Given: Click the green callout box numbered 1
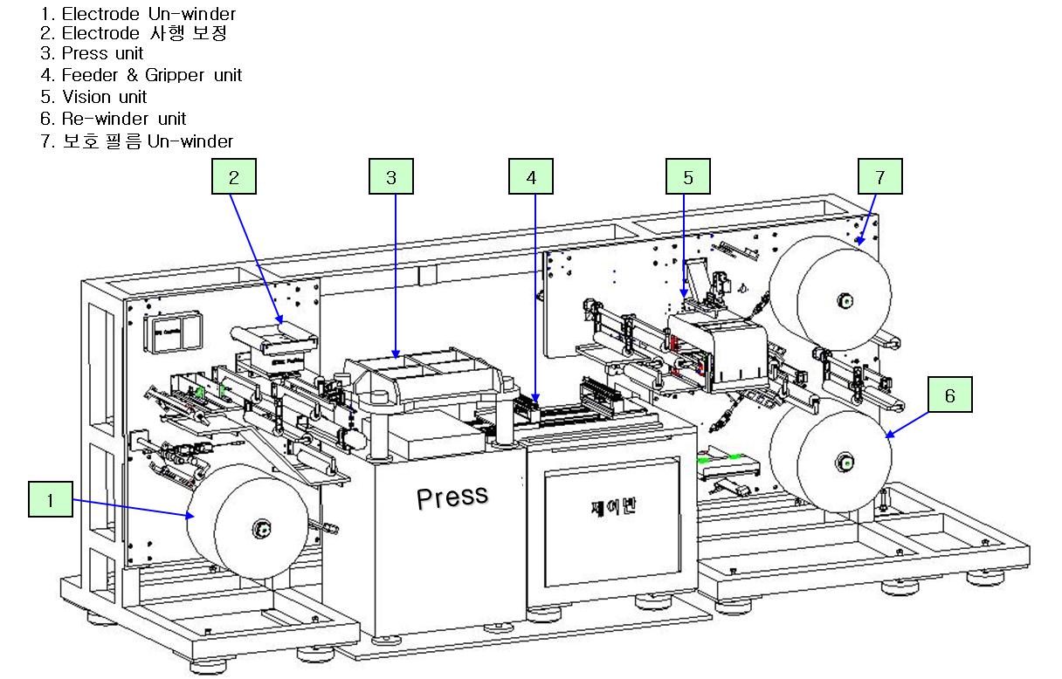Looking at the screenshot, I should coord(50,500).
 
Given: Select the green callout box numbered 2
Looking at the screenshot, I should coord(233,177).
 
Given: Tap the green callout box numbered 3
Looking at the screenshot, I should coord(390,177).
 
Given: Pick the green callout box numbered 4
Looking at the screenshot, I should coord(531,177).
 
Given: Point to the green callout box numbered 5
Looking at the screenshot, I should coord(687,177).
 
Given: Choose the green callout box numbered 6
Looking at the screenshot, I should coord(949,395).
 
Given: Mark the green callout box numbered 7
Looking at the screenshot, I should coord(879,177).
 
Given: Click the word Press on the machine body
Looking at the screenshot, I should coord(452,497).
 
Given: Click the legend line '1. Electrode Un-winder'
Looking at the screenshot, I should coord(138,13).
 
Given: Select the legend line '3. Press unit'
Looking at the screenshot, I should coord(92,54).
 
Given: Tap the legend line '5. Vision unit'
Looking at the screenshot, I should coord(93,97).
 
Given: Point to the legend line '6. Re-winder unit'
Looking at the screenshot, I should coord(113,119).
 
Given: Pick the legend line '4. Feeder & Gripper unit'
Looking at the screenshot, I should coord(141,76).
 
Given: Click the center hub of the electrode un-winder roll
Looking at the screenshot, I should coord(260,527).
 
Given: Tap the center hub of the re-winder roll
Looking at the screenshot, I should coord(845,461).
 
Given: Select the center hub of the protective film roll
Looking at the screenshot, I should coord(845,302).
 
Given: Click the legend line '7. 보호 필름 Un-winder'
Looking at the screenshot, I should coord(136,141).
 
